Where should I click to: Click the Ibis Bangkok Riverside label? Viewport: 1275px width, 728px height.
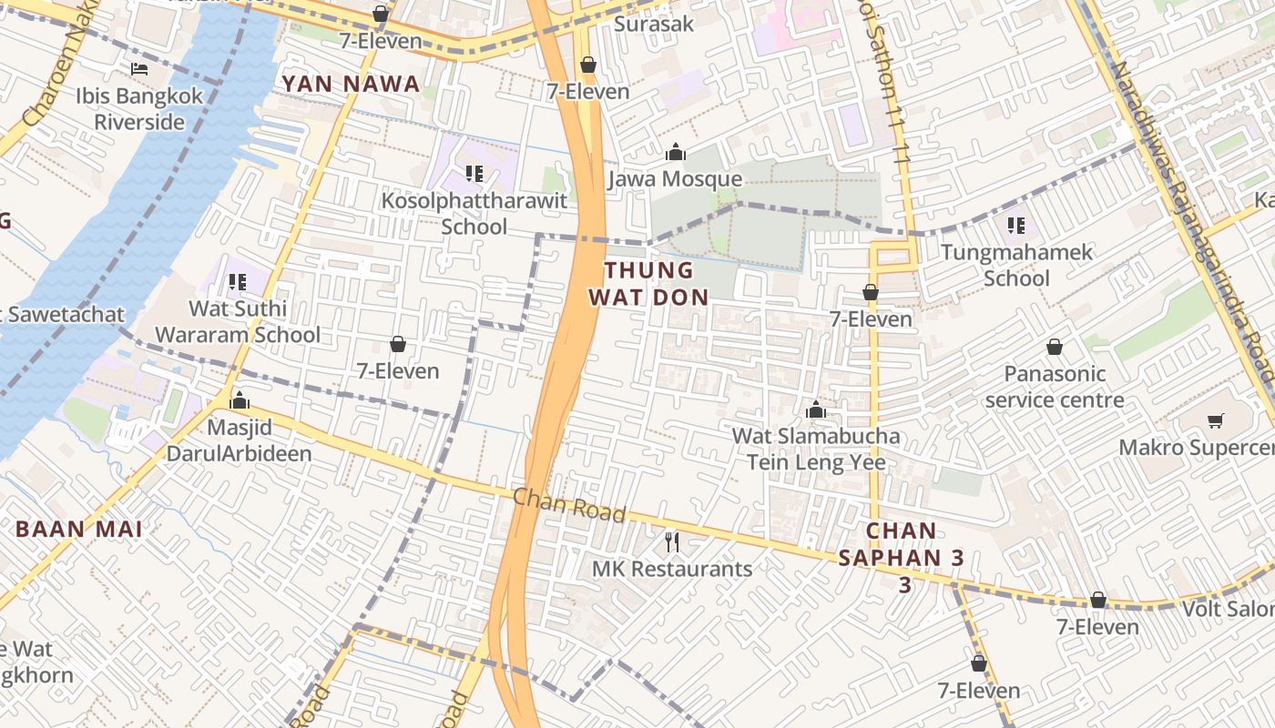140,108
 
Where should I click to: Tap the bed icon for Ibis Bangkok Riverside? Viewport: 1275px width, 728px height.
139,69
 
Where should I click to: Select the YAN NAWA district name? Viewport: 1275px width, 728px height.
351,85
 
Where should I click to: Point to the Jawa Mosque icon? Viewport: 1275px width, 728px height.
676,152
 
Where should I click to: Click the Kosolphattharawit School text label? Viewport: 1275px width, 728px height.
474,213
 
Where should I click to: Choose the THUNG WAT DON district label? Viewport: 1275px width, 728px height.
648,283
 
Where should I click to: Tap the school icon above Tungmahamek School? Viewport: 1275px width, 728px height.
1016,225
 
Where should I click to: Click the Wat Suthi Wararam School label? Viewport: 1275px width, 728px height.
238,321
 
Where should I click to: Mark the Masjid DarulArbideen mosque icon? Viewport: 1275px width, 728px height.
240,400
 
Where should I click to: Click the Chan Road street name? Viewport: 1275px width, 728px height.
569,505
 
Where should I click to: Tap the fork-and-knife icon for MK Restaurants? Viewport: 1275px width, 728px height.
672,542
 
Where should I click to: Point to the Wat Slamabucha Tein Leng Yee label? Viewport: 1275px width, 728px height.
816,449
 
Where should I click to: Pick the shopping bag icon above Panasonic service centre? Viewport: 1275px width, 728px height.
1055,347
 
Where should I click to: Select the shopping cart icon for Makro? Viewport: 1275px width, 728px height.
1215,420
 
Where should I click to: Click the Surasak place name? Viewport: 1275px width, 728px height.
654,24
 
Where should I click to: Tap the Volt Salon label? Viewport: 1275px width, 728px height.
1229,609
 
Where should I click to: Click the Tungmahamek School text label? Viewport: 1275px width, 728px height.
1016,265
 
